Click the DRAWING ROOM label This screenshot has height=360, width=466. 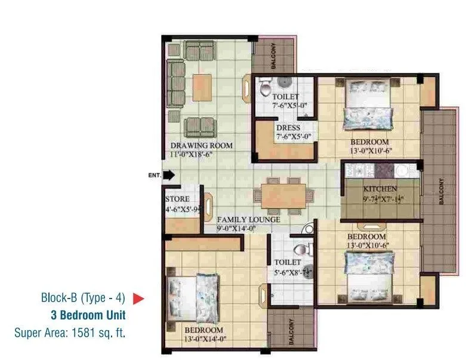click(x=201, y=145)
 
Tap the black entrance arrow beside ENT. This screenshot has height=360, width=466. click(x=169, y=176)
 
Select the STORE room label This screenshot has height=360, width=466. click(x=177, y=199)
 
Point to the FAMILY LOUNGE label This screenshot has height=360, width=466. click(x=248, y=220)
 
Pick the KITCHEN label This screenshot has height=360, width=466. click(x=381, y=189)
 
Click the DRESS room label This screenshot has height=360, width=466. click(x=288, y=128)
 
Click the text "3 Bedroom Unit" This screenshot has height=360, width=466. click(x=88, y=314)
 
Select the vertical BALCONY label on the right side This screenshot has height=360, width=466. click(x=442, y=192)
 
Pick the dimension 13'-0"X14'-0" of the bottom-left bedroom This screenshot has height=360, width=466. click(x=203, y=339)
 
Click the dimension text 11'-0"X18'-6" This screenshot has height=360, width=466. click(x=192, y=154)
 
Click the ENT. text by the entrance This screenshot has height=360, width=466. click(x=155, y=176)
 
